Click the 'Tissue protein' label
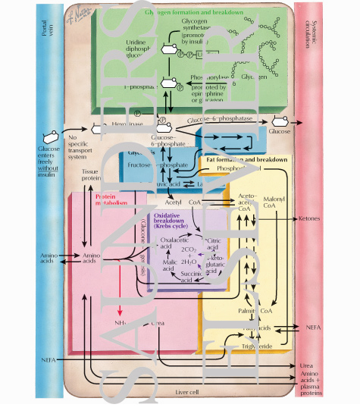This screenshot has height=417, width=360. (90, 176)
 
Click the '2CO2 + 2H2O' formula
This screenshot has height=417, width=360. (189, 254)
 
